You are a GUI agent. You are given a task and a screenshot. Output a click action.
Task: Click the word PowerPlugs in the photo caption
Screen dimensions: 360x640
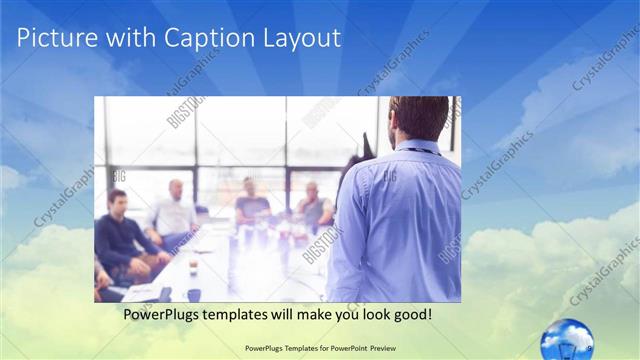coord(161,314)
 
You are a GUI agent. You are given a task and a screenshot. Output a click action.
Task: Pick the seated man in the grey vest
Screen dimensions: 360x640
coord(314,205)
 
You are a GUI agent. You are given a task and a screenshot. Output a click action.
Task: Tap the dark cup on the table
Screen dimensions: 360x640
coord(193,294)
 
